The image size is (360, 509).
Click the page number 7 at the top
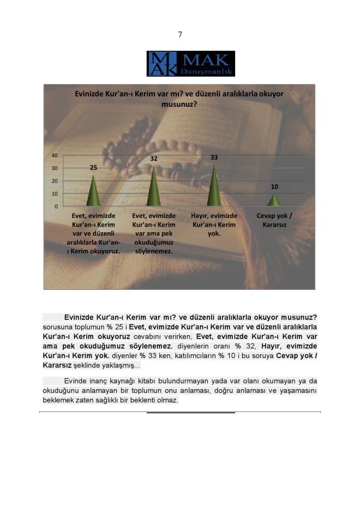click(180, 35)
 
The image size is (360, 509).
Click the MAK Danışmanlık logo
click(190, 64)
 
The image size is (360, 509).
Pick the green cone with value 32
click(154, 187)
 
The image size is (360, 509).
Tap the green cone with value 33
click(214, 187)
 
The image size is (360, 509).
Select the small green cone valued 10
click(274, 201)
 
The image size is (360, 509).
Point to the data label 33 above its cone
click(214, 157)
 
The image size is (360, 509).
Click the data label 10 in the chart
click(274, 186)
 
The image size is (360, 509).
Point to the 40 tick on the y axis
click(55, 155)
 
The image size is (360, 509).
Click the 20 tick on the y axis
click(55, 181)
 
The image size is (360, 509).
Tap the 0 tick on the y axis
click(56, 207)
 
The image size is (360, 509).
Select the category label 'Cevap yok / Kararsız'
click(274, 220)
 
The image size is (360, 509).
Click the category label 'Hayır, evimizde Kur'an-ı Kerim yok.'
click(214, 225)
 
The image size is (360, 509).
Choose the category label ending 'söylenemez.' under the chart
click(154, 233)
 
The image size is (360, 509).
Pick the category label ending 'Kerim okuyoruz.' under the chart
click(94, 233)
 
